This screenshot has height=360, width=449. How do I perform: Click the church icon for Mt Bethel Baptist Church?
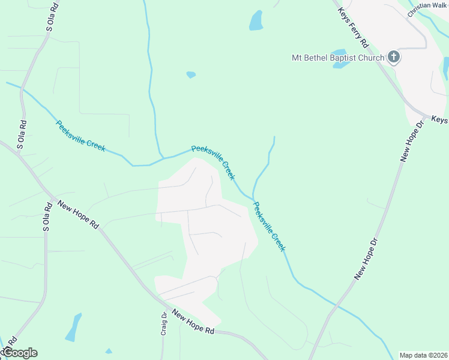point(394,58)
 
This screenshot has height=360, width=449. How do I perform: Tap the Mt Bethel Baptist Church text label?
point(338,58)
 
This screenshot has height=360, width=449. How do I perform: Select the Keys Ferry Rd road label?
point(353,28)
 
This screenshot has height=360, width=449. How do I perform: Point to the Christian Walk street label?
point(427,8)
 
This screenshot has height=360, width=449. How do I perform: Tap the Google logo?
point(19,352)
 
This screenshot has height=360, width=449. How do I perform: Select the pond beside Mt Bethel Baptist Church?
point(340,58)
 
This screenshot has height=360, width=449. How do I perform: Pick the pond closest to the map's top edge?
point(256,20)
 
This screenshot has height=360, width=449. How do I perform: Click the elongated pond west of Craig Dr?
point(73,327)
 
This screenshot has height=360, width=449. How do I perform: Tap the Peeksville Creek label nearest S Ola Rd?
point(80,136)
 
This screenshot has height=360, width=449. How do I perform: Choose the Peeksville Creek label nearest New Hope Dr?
point(268,226)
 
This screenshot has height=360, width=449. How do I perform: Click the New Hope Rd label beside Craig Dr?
point(193,322)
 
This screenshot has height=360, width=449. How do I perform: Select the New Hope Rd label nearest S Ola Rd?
point(78,215)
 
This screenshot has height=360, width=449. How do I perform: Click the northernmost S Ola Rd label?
point(52,16)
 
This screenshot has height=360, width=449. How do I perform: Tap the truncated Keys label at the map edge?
point(439,119)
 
